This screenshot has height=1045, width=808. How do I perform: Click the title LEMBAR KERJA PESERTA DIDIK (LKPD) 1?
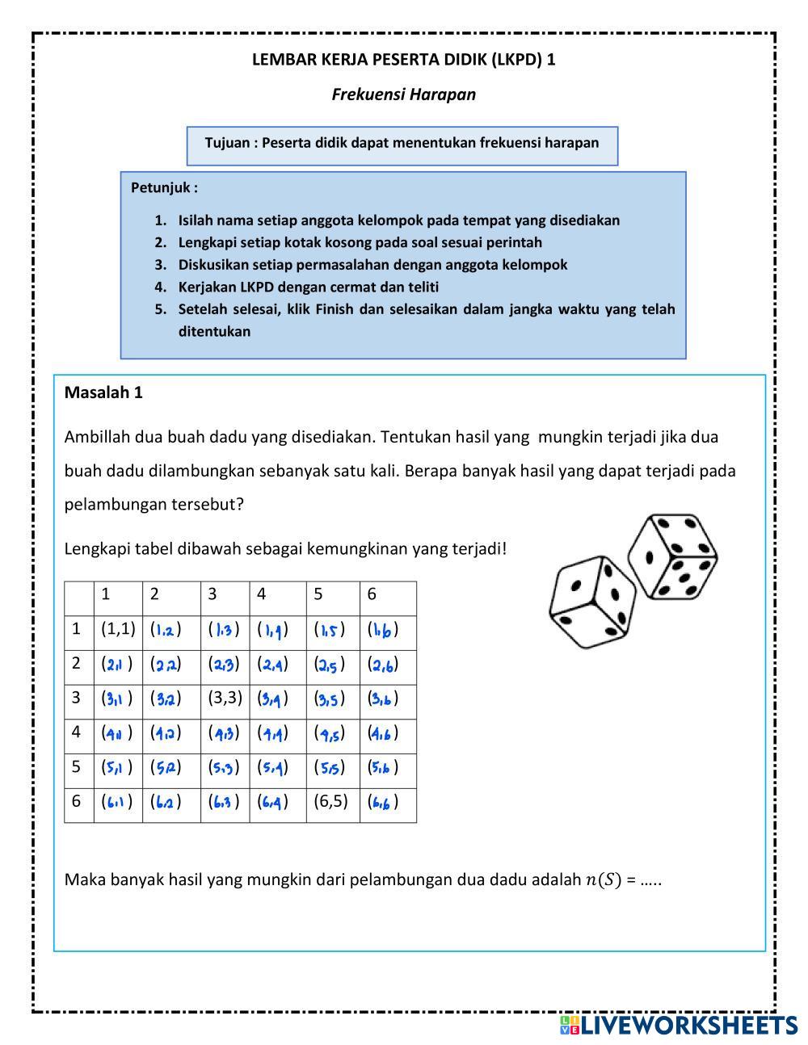(403, 59)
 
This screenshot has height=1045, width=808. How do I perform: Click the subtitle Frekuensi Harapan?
(403, 94)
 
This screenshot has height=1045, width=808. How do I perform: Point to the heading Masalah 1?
(103, 392)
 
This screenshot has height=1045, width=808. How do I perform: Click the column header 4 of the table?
(262, 594)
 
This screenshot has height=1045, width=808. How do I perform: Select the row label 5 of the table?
(77, 766)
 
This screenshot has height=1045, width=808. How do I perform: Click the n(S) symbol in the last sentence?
(603, 879)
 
